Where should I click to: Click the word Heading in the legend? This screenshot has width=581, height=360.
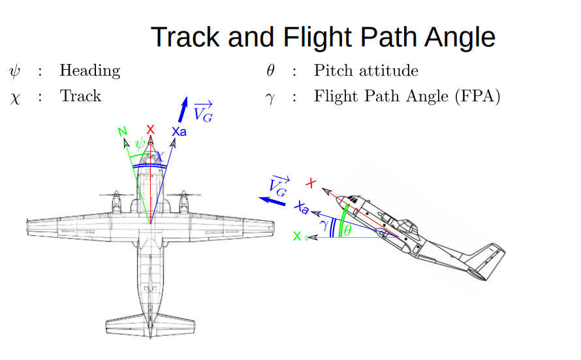coord(89,71)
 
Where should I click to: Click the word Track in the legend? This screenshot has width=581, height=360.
coord(80,97)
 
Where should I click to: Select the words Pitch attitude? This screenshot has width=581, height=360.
coord(366,71)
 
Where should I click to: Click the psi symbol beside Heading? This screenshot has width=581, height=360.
coord(14,71)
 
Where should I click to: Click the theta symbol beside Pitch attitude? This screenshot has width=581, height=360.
coord(271,71)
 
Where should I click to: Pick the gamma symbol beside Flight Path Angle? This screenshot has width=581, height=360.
coord(271,98)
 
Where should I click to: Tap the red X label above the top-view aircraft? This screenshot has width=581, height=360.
coord(151,129)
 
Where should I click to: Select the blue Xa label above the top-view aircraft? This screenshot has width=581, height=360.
coord(178,131)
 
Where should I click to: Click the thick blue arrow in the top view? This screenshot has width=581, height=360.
coord(183,110)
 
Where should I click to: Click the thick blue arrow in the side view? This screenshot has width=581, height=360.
coord(272,201)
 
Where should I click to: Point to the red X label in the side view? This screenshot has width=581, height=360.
coord(311,184)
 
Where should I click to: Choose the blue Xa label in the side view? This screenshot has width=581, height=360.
coord(302,208)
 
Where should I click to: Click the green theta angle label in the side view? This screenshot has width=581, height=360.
coord(347,230)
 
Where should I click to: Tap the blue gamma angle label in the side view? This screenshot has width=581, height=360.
coord(323,224)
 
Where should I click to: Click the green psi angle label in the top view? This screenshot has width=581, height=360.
coord(138,143)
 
